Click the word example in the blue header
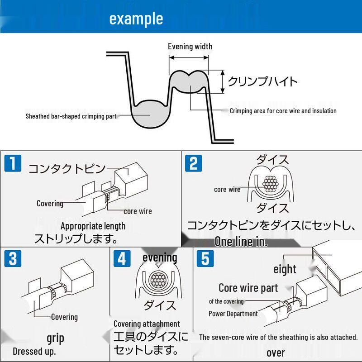coord(136,19)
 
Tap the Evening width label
coord(190,47)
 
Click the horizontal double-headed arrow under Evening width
coord(189,58)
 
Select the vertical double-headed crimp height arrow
coord(223,82)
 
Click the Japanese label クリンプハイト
coord(262,81)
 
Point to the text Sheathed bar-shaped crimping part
coord(71,116)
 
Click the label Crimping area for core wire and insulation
coord(283,111)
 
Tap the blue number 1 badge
coord(13,163)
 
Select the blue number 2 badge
coord(194,163)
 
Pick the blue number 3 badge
coord(13,258)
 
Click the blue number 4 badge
coord(122,258)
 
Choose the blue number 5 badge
coord(205,258)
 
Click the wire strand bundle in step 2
coord(270,184)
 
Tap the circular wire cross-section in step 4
coord(157,280)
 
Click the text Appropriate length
coord(93,226)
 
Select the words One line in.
coord(241,242)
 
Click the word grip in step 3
coord(55,338)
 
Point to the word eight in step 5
coord(285,269)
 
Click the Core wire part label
coord(248,288)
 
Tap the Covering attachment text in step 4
coord(147,324)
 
